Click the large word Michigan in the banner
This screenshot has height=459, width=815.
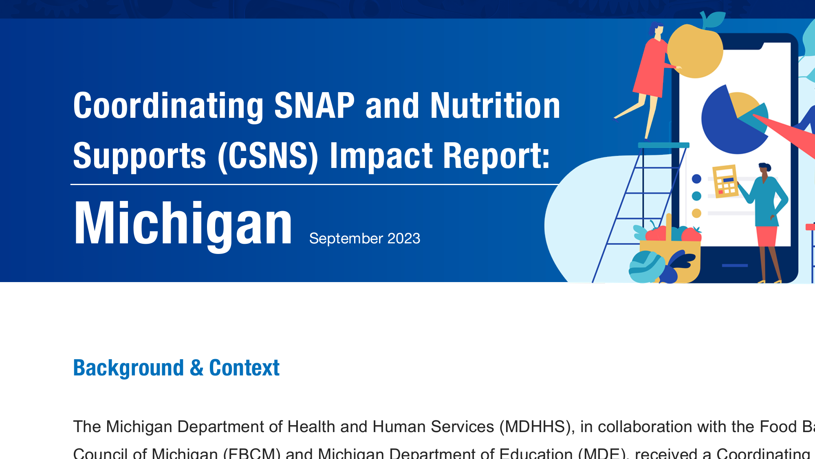tap(183, 224)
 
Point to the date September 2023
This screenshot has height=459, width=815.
tap(364, 238)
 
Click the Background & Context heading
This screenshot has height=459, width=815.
tap(176, 368)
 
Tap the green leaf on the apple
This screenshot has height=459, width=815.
tap(715, 19)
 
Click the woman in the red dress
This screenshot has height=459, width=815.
tap(651, 69)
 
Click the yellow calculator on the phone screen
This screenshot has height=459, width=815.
tap(725, 181)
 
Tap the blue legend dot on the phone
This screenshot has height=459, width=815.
tap(696, 179)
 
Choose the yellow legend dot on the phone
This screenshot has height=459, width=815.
tap(696, 213)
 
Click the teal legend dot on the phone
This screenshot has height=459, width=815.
tap(696, 196)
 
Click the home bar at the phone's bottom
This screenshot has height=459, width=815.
tap(734, 265)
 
